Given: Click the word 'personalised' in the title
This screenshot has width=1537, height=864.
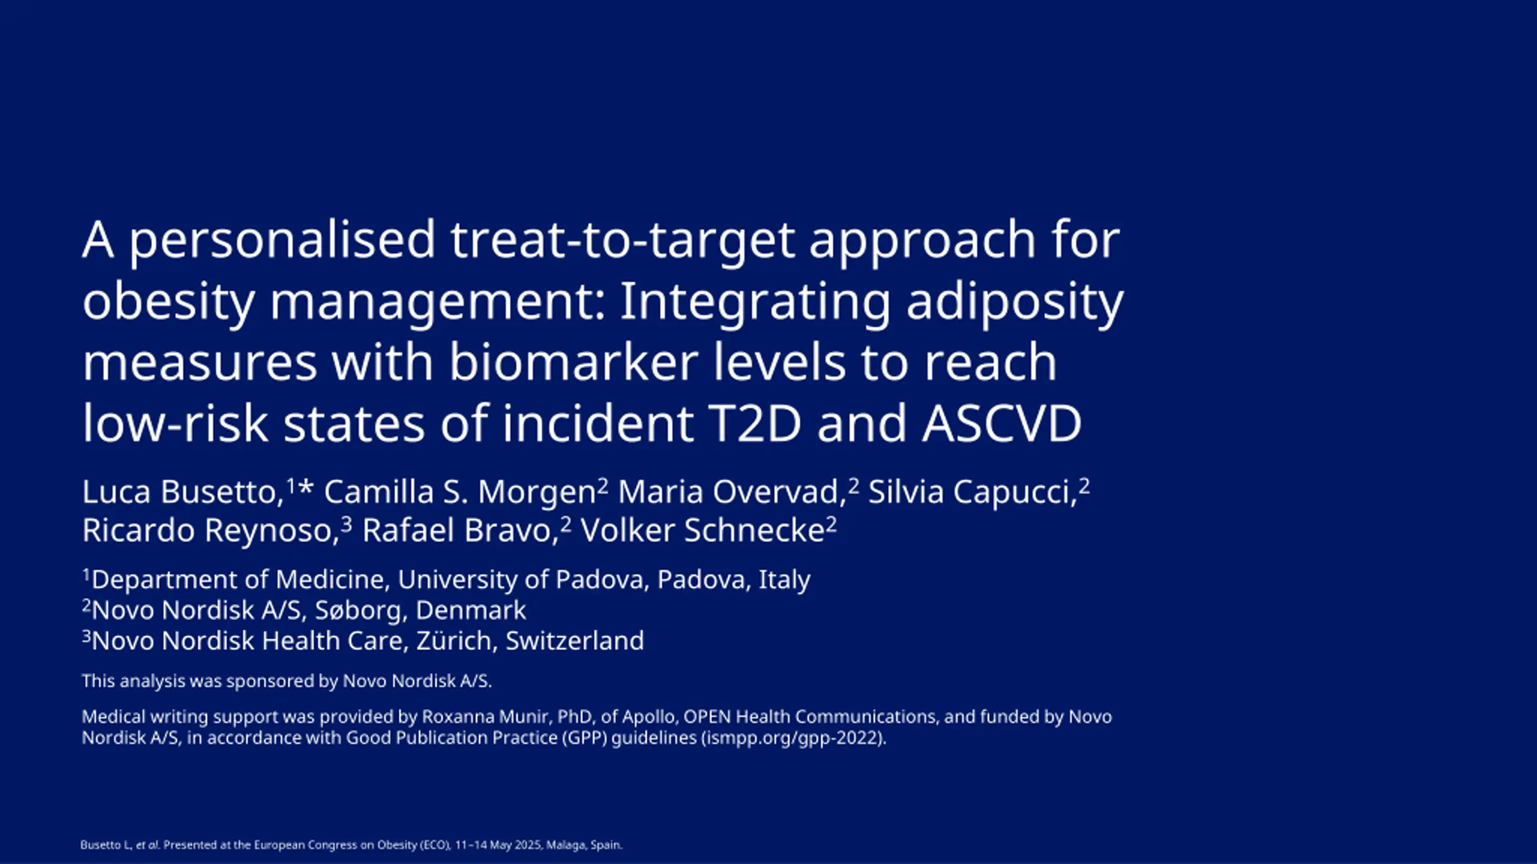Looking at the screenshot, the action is pyautogui.click(x=282, y=241).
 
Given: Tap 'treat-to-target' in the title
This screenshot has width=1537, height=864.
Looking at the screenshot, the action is pyautogui.click(x=623, y=241).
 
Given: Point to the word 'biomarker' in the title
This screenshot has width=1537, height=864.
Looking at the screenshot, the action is pyautogui.click(x=574, y=362).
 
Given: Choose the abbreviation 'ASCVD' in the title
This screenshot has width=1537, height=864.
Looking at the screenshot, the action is pyautogui.click(x=1002, y=424).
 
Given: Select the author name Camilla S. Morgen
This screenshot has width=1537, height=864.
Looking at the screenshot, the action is pyautogui.click(x=460, y=493).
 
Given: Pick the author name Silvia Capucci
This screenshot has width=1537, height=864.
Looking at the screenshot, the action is pyautogui.click(x=970, y=493).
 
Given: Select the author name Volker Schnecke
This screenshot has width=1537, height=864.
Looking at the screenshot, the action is pyautogui.click(x=702, y=530).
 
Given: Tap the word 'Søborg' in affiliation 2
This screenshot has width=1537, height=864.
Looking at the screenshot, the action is pyautogui.click(x=357, y=611).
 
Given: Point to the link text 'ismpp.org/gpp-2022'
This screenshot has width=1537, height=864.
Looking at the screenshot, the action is pyautogui.click(x=793, y=738).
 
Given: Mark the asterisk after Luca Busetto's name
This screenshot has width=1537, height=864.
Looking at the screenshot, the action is pyautogui.click(x=306, y=487).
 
